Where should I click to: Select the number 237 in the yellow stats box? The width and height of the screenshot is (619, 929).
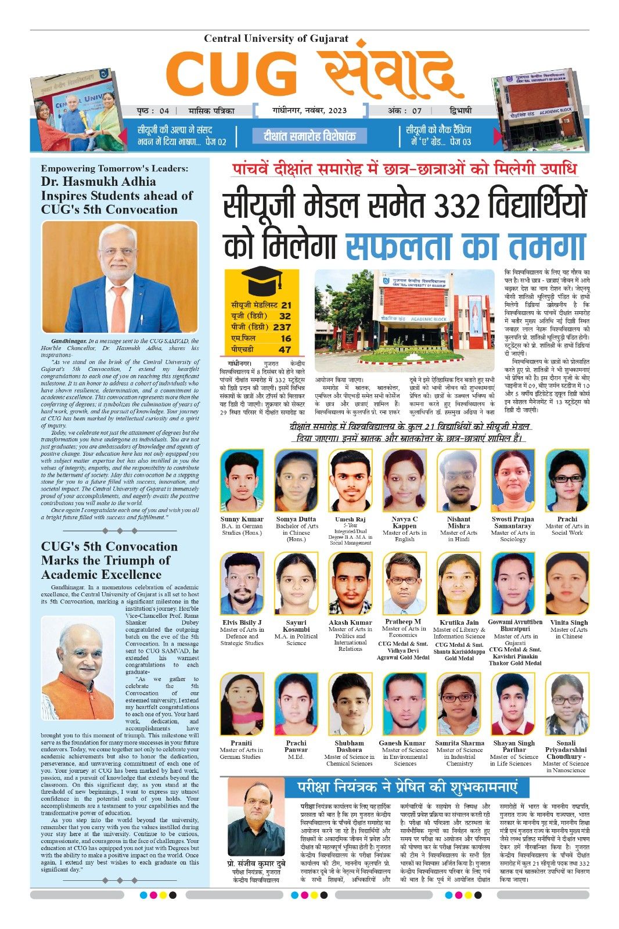click(x=282, y=327)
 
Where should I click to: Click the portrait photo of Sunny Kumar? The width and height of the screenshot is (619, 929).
click(x=242, y=480)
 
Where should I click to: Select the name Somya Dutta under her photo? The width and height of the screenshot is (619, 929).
click(x=296, y=519)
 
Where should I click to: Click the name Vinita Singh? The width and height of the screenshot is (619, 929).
click(x=568, y=622)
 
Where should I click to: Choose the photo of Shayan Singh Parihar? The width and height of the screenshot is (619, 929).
click(x=513, y=704)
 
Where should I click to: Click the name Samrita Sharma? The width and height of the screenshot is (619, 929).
click(x=459, y=743)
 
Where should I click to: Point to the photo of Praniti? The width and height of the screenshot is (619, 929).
click(x=242, y=704)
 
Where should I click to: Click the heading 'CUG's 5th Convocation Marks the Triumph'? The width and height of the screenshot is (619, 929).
click(x=109, y=560)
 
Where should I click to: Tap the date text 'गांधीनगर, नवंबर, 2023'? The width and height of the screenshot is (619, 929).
click(x=310, y=110)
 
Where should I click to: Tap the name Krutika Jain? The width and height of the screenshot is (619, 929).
click(x=459, y=622)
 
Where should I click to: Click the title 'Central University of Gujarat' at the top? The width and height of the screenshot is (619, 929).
click(x=276, y=39)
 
